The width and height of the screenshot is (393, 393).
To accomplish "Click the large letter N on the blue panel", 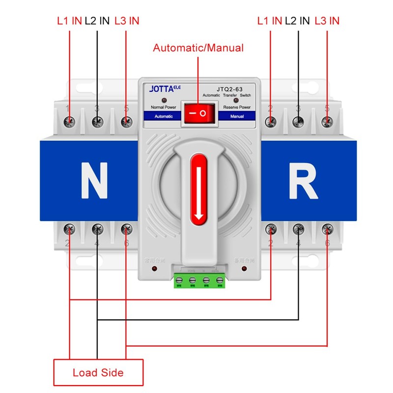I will (93, 179).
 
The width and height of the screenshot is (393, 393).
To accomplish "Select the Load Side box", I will (98, 372).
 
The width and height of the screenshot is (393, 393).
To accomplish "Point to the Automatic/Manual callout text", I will (198, 48).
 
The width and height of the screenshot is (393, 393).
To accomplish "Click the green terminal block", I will (199, 281).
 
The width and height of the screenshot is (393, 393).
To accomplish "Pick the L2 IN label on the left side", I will (97, 21).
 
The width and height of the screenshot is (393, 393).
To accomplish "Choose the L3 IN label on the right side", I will (327, 21).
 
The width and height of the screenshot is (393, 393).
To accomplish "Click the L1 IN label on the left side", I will (69, 21).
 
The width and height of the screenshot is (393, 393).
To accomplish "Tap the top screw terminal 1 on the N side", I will (70, 121).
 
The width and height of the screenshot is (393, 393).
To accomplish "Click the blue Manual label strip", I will (237, 116).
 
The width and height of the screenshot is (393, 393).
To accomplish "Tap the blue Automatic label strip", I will (163, 116).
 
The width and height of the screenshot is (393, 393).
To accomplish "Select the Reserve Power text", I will (237, 107).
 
